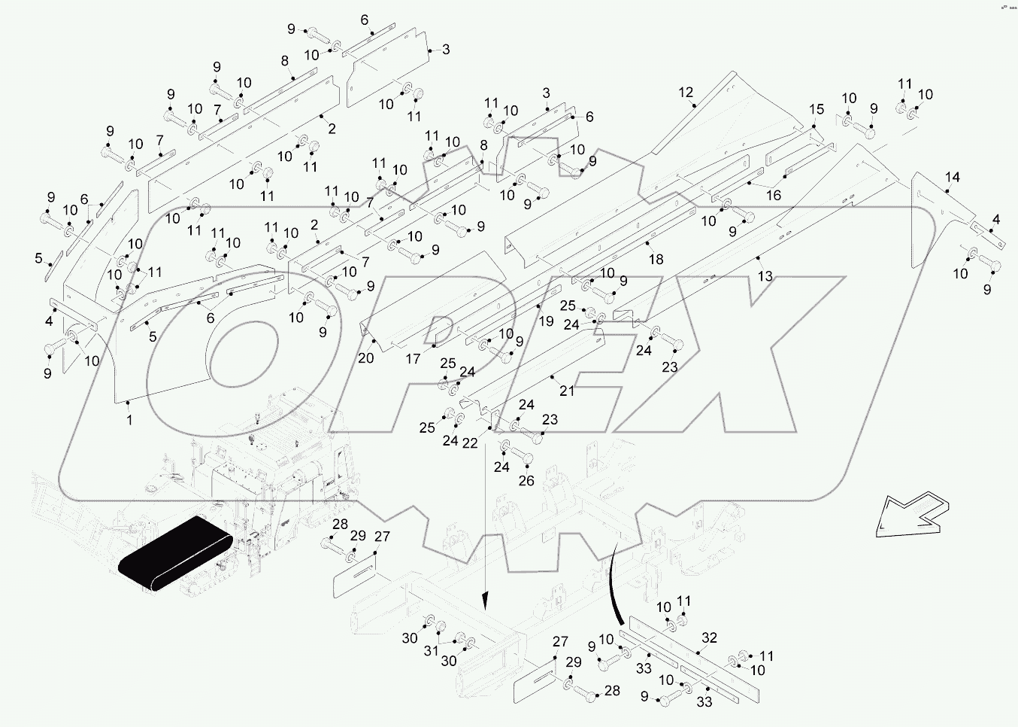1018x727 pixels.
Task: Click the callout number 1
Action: tap(129, 420)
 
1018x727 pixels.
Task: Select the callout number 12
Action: tap(686, 93)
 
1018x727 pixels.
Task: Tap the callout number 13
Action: tap(765, 276)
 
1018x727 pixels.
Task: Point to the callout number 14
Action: tap(952, 178)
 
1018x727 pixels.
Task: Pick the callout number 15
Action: tap(817, 110)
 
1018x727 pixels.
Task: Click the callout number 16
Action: tap(773, 195)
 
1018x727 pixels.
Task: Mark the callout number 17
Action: tap(413, 359)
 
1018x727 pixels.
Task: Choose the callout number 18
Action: tap(656, 259)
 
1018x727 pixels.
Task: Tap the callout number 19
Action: tap(547, 321)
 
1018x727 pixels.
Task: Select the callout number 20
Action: tap(365, 358)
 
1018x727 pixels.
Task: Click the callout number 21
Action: tap(567, 391)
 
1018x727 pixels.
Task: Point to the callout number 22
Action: tap(470, 443)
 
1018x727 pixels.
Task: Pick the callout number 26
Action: tap(526, 480)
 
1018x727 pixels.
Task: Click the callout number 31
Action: tap(430, 650)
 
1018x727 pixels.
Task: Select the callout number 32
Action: tap(710, 637)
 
